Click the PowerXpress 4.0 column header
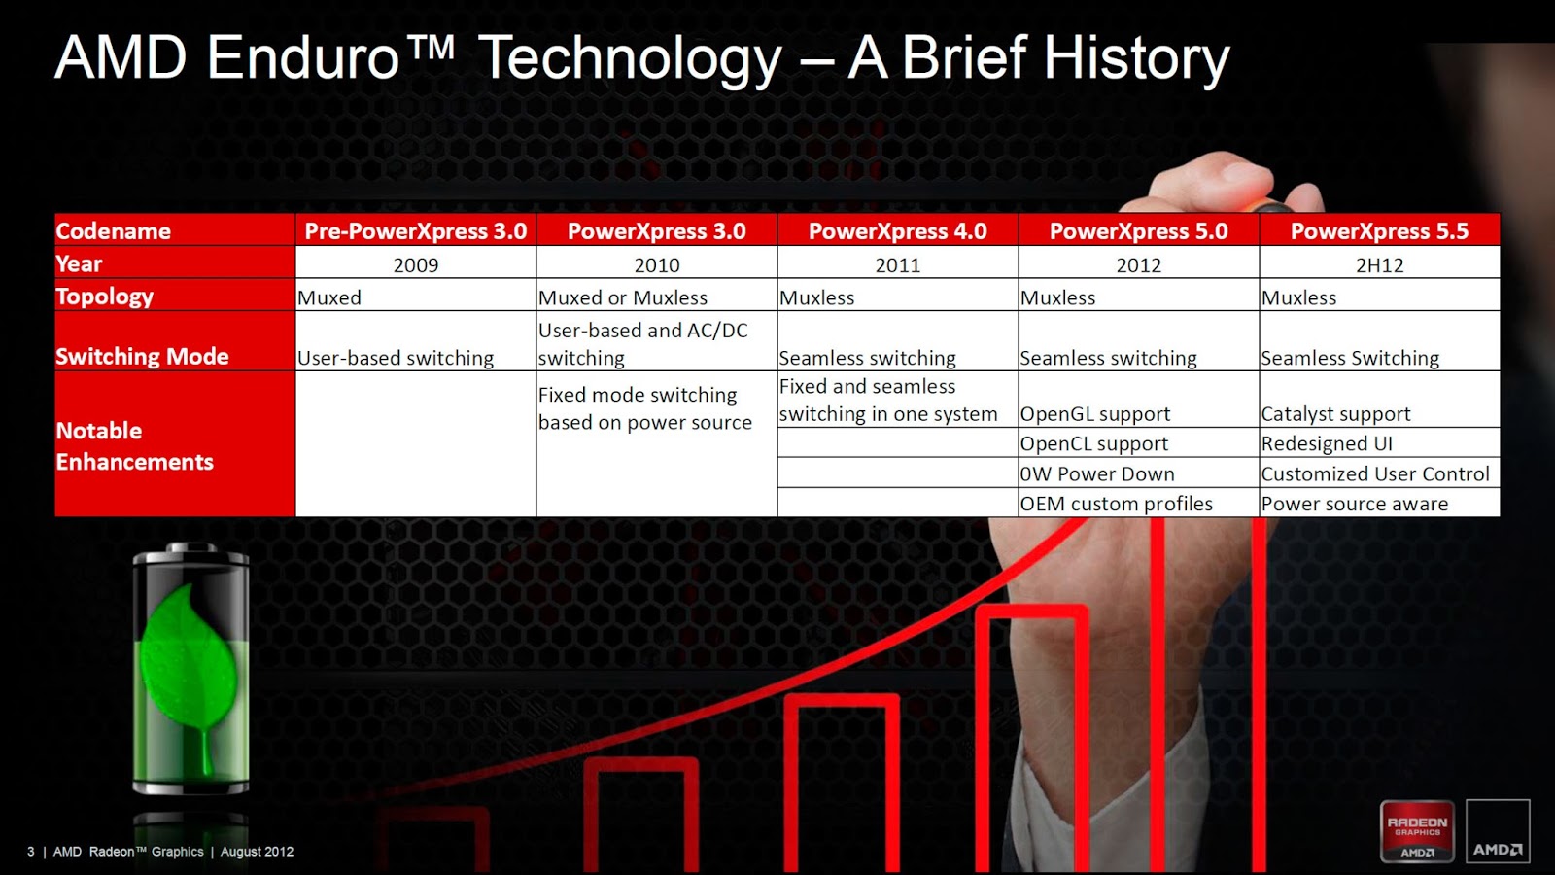pos(898,230)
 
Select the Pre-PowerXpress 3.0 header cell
pos(416,230)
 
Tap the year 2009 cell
pos(416,264)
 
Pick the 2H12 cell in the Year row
pos(1379,264)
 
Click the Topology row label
pos(105,297)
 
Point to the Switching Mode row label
pos(142,356)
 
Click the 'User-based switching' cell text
pos(396,358)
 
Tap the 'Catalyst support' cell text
pos(1335,414)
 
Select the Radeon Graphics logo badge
pos(1417,830)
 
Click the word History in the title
pos(1136,58)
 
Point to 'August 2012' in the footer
pos(257,852)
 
